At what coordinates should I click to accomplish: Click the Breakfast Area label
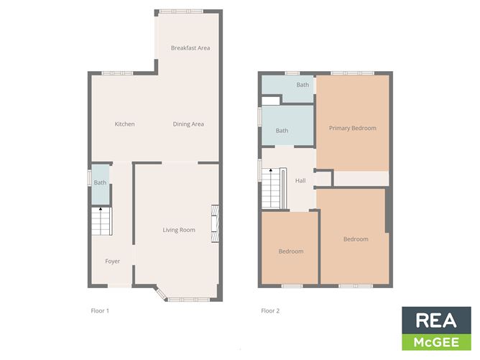pyautogui.click(x=190, y=48)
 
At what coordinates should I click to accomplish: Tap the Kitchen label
pyautogui.click(x=124, y=124)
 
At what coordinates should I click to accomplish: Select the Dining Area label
pyautogui.click(x=188, y=124)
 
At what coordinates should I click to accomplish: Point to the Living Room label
pyautogui.click(x=179, y=230)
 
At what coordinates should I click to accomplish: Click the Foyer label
pyautogui.click(x=113, y=261)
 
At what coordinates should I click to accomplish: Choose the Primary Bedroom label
pyautogui.click(x=352, y=129)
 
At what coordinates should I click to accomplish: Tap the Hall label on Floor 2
pyautogui.click(x=300, y=180)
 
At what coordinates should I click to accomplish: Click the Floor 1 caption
pyautogui.click(x=100, y=311)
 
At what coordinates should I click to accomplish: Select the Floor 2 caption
pyautogui.click(x=270, y=311)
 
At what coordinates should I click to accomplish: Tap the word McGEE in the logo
pyautogui.click(x=436, y=341)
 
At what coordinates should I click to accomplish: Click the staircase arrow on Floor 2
pyautogui.click(x=271, y=171)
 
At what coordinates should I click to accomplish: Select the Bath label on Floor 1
pyautogui.click(x=100, y=183)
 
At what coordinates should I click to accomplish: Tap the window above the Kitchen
pyautogui.click(x=117, y=73)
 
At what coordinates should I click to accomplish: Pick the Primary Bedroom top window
pyautogui.click(x=349, y=73)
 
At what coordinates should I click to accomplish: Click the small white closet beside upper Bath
pyautogui.click(x=270, y=100)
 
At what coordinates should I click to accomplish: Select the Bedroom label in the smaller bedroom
pyautogui.click(x=291, y=251)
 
